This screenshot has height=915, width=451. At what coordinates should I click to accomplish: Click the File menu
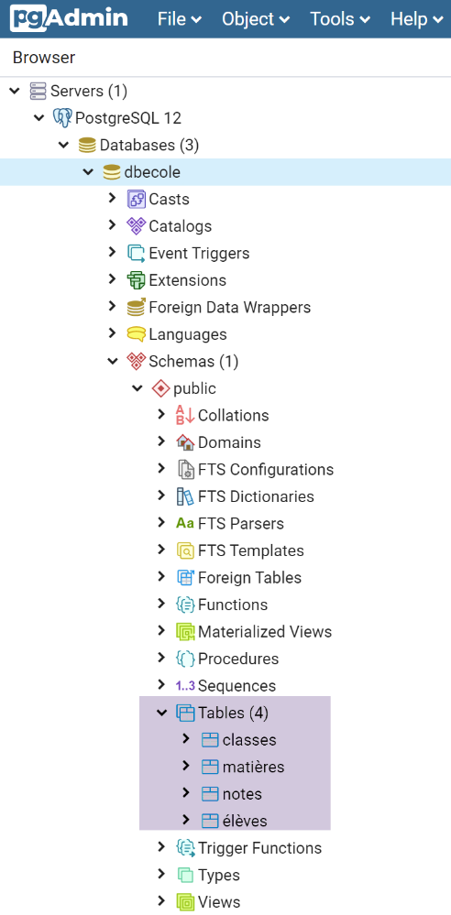point(180,18)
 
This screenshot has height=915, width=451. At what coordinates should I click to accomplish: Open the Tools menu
point(340,18)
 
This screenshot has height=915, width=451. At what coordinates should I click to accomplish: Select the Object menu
point(256,18)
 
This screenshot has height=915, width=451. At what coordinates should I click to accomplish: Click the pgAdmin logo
point(69,18)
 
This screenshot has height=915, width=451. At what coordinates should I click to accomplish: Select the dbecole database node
point(152,172)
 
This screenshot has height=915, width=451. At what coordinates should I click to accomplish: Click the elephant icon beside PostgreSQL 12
point(62,118)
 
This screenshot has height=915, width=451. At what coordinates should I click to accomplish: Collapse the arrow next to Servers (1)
point(16,91)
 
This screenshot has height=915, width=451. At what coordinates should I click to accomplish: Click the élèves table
point(245,821)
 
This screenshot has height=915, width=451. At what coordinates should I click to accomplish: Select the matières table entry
point(254,767)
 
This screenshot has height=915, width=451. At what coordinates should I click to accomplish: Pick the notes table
point(242,793)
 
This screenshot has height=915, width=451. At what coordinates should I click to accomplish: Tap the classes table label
point(249,739)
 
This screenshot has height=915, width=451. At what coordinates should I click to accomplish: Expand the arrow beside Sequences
point(162,684)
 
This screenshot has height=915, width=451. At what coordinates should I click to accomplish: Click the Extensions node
point(188,280)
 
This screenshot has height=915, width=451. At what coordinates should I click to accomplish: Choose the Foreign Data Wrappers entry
point(229,307)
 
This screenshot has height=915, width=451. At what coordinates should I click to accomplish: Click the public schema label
point(194,388)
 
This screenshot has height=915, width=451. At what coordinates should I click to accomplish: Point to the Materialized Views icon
point(185,631)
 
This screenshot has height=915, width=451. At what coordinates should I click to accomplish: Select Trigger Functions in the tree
point(260,848)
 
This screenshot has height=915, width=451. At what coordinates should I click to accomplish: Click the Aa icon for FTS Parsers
point(185,523)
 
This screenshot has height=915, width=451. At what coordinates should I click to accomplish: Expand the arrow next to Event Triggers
point(113,252)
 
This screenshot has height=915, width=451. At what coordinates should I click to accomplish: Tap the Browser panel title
point(44,57)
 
